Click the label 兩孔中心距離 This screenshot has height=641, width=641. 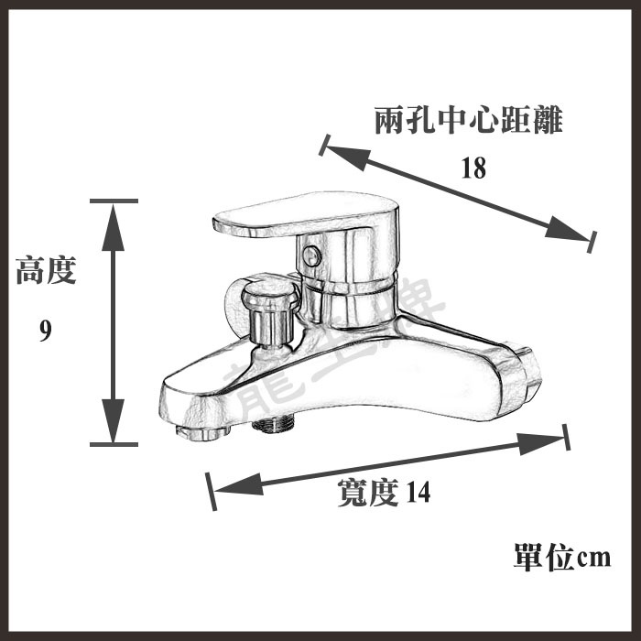coord(468,122)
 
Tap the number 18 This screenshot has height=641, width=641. coord(473,168)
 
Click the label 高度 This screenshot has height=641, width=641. coord(46,271)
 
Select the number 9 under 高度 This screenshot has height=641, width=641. coord(45,331)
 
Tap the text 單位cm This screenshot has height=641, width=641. coord(561,556)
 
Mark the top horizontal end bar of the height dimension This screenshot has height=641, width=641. coord(114,201)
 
